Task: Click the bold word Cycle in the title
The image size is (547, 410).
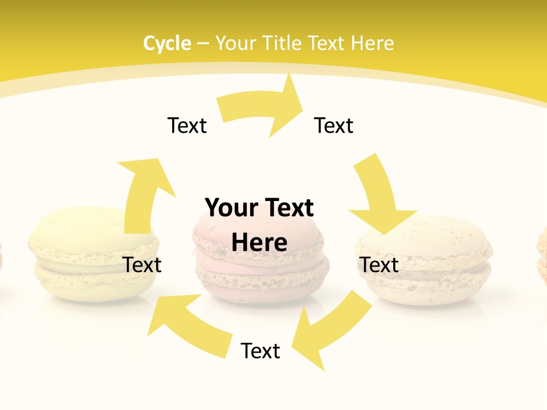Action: tap(167, 43)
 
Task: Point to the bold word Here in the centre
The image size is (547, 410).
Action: tap(259, 243)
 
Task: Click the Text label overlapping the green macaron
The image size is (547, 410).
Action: tap(142, 265)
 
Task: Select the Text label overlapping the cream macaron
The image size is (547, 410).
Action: tap(379, 265)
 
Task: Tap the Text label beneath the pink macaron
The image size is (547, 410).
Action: tap(260, 351)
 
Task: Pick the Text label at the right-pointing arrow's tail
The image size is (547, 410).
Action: tap(187, 125)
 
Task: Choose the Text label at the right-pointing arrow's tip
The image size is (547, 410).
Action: tap(334, 125)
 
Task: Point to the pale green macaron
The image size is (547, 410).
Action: tap(80, 256)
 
